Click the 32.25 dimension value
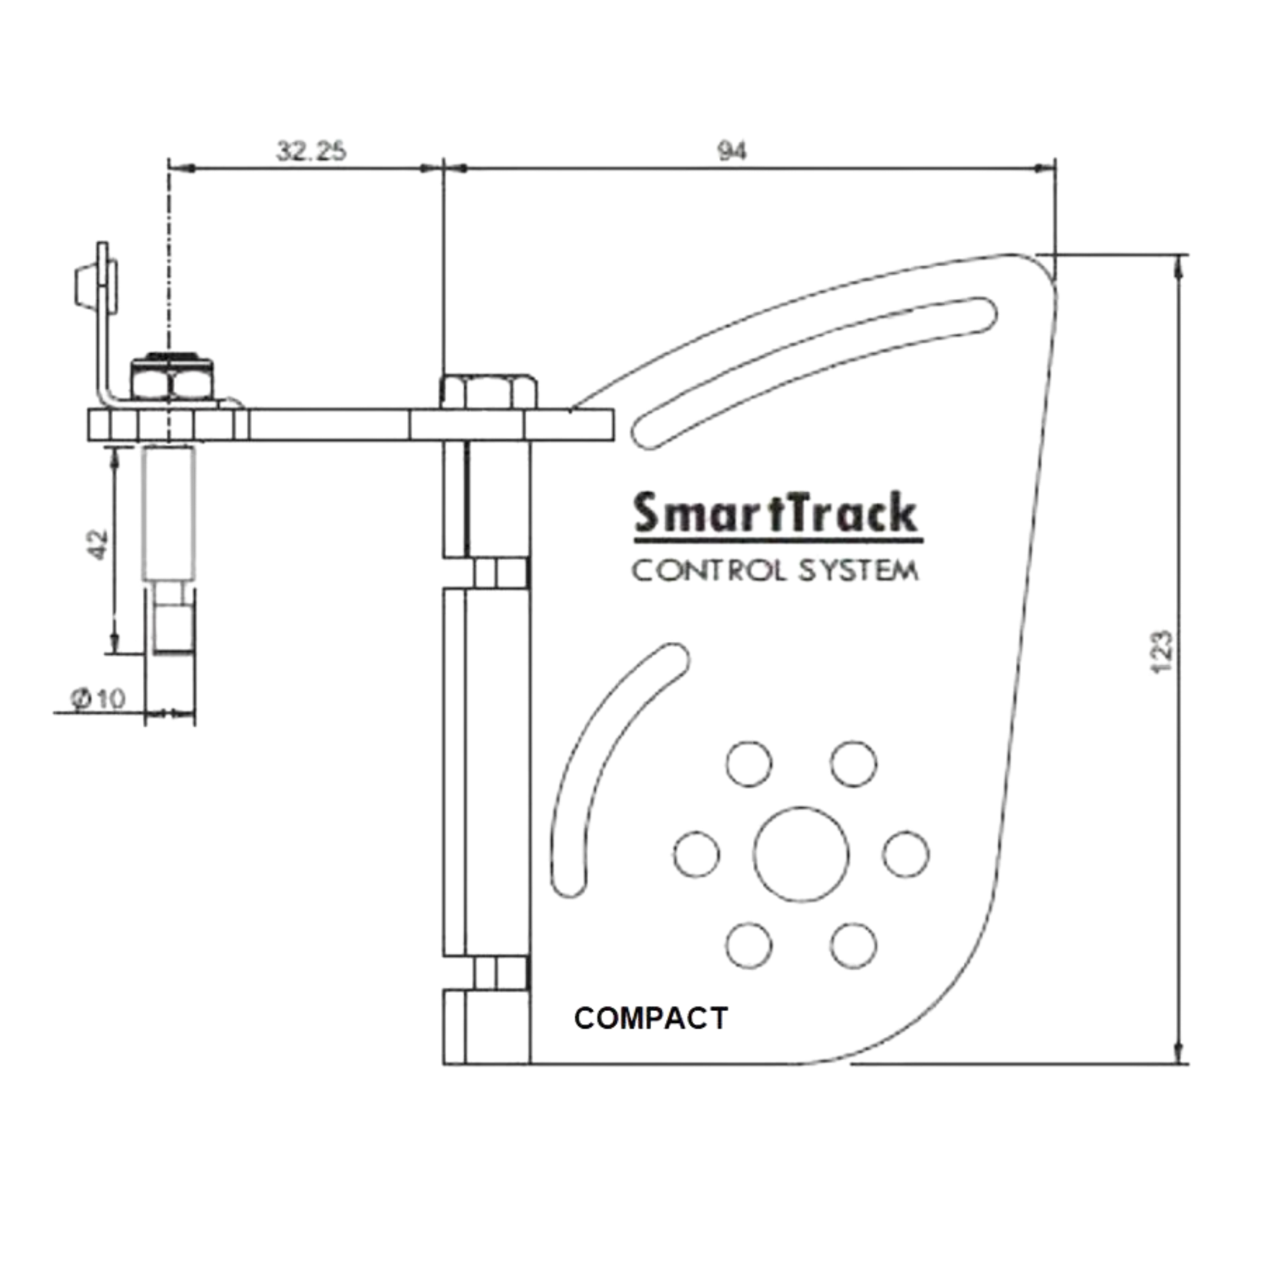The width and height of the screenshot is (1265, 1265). click(x=311, y=152)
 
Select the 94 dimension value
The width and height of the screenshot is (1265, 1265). click(x=732, y=152)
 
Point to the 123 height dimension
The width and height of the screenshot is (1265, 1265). click(x=1161, y=651)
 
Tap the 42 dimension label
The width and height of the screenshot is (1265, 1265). click(x=97, y=544)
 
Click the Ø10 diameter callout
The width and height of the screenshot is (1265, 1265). click(x=98, y=698)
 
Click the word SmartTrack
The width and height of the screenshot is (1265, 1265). click(x=776, y=514)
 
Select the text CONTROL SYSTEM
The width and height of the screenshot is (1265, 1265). click(x=774, y=571)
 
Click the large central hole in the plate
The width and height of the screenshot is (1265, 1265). click(x=801, y=854)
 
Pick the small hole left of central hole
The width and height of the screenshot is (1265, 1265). click(x=697, y=854)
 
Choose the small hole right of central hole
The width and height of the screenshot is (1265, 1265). click(x=906, y=854)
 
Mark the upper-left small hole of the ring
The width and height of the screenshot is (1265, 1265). click(x=749, y=764)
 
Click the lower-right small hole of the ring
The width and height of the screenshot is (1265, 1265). click(x=854, y=946)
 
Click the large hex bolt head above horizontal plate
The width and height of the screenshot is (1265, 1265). click(x=489, y=392)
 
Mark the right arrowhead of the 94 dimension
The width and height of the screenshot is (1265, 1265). click(x=1045, y=169)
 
